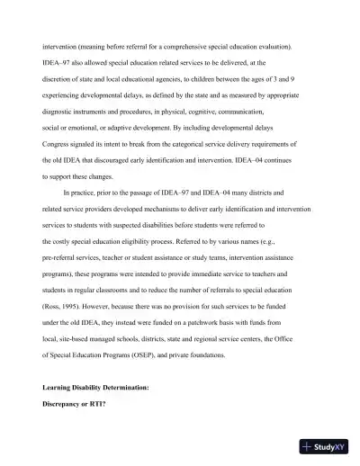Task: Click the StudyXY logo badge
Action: coord(327,445)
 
